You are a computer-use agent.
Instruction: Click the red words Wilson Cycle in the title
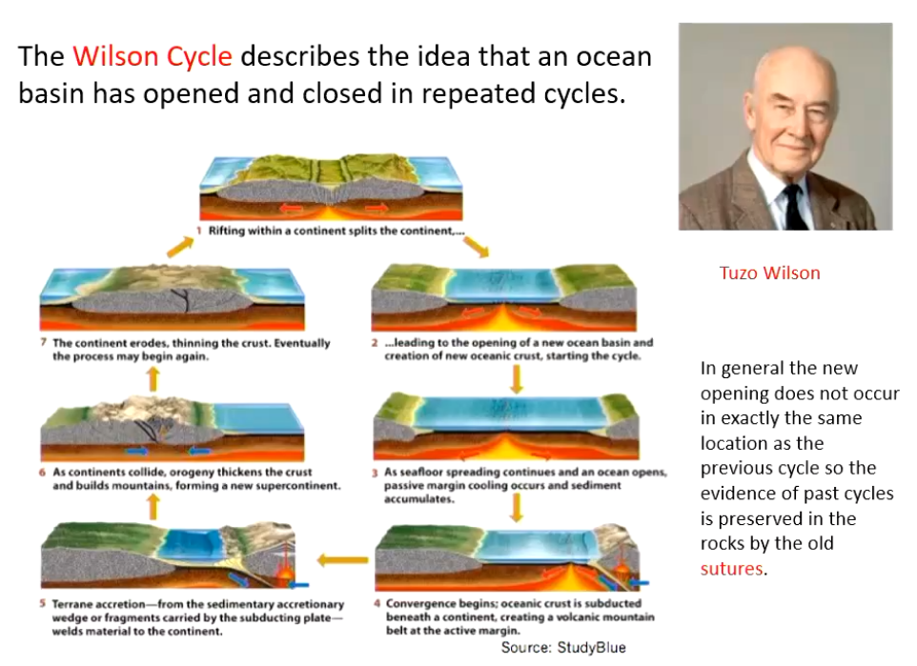153,56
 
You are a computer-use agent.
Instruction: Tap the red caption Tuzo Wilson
769,273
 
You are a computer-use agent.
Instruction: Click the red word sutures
732,569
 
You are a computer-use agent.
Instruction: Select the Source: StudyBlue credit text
563,647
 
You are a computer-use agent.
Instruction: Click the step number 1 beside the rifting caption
199,231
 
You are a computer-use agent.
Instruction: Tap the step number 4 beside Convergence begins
377,603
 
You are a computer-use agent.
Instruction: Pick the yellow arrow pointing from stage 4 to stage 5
343,560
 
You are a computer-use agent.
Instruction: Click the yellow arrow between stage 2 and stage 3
517,379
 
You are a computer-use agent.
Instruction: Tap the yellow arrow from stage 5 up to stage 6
153,506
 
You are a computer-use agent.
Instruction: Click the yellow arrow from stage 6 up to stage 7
153,378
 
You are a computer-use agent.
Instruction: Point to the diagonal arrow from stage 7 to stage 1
180,247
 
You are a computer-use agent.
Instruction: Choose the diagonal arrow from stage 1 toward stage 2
476,248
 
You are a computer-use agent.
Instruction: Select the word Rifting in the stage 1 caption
226,231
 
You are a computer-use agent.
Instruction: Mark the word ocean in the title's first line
614,57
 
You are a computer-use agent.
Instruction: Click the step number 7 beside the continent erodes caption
44,342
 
